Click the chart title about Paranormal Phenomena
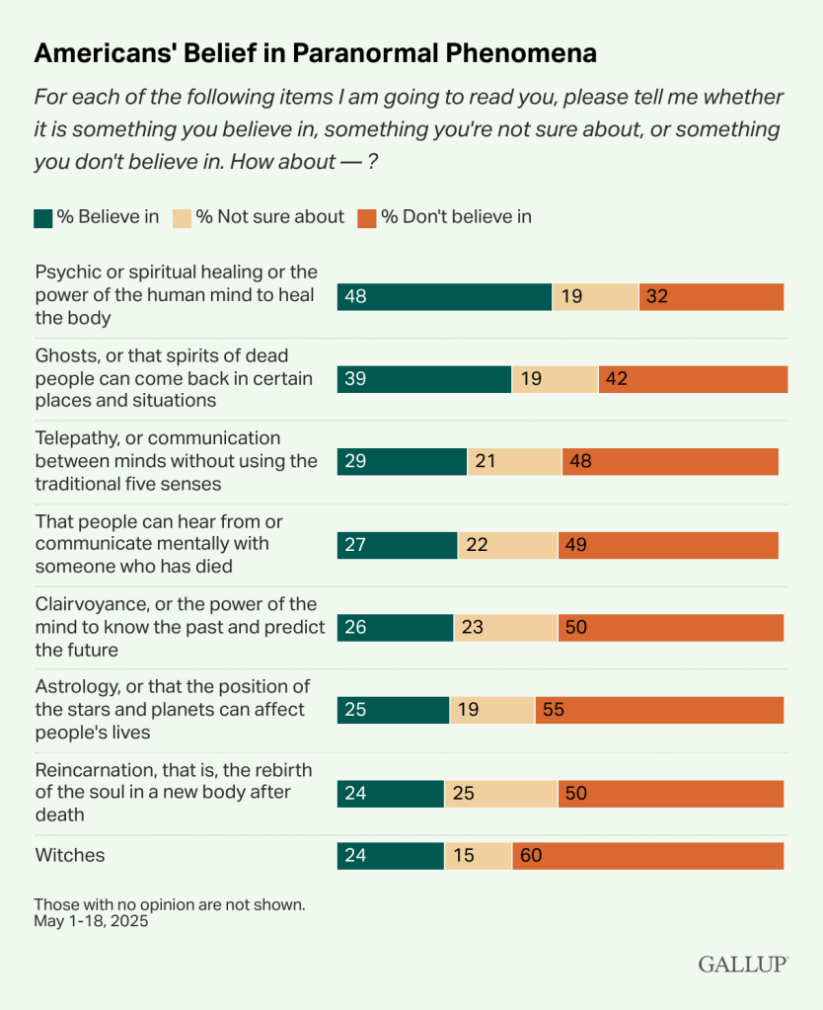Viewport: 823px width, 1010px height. (316, 53)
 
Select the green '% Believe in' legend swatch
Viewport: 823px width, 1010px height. (42, 217)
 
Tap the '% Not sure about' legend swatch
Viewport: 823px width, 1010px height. (182, 217)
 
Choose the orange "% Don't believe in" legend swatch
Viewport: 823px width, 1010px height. (367, 217)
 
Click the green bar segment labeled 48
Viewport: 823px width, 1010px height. (444, 297)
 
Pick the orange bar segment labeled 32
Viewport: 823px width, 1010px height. (711, 297)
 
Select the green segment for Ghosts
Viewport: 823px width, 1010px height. (424, 379)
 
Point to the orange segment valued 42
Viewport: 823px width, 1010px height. (693, 379)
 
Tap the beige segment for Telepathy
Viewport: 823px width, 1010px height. (514, 462)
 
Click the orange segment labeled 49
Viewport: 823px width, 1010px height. (668, 545)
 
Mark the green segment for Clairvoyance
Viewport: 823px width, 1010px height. (396, 628)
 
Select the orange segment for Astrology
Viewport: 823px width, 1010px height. (659, 710)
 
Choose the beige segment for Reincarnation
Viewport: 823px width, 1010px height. (500, 793)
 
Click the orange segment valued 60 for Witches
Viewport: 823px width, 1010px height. (648, 856)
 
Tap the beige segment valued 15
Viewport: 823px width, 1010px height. (478, 856)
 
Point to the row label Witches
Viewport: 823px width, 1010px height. (70, 856)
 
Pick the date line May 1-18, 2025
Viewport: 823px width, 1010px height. (91, 921)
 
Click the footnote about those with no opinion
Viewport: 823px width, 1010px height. (170, 903)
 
